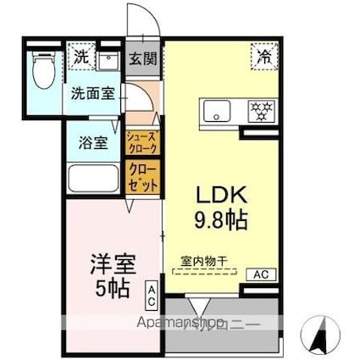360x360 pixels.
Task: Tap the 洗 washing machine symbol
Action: click(x=80, y=58)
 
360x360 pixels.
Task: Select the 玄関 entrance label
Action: click(x=141, y=59)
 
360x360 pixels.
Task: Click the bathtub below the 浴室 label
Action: click(x=92, y=180)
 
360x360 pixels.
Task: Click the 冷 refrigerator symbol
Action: click(x=263, y=56)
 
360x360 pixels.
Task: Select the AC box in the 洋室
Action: click(x=151, y=294)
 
